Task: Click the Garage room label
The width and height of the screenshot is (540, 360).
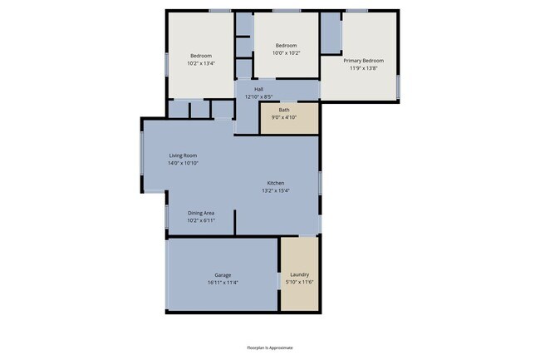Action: (223, 275)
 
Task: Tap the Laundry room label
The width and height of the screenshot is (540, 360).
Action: (300, 275)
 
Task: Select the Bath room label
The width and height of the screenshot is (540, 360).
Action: (284, 110)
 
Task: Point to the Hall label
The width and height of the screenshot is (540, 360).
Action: (258, 89)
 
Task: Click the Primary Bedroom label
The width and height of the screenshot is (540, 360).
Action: (364, 61)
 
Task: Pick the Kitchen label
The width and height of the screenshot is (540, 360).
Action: (277, 183)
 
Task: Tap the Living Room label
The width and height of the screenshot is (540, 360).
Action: (183, 155)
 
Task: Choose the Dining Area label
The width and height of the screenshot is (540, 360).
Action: (201, 213)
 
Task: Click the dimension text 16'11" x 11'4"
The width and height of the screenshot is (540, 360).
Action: (223, 283)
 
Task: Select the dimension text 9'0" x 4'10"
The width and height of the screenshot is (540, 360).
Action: (284, 117)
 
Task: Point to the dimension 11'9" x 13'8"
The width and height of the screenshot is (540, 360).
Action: (364, 68)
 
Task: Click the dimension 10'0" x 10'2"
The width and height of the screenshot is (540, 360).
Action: (287, 52)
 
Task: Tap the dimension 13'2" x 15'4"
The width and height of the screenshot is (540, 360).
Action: (277, 190)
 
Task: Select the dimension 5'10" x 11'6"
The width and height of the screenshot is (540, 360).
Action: (300, 283)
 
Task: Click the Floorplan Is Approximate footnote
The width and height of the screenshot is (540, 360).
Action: (270, 348)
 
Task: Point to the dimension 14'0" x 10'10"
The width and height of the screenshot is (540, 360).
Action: (183, 163)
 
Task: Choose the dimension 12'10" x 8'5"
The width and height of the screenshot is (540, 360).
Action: (258, 96)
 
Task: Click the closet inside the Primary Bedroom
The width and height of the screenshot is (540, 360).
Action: (331, 32)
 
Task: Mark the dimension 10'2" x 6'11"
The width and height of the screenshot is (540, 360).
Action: (201, 220)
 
